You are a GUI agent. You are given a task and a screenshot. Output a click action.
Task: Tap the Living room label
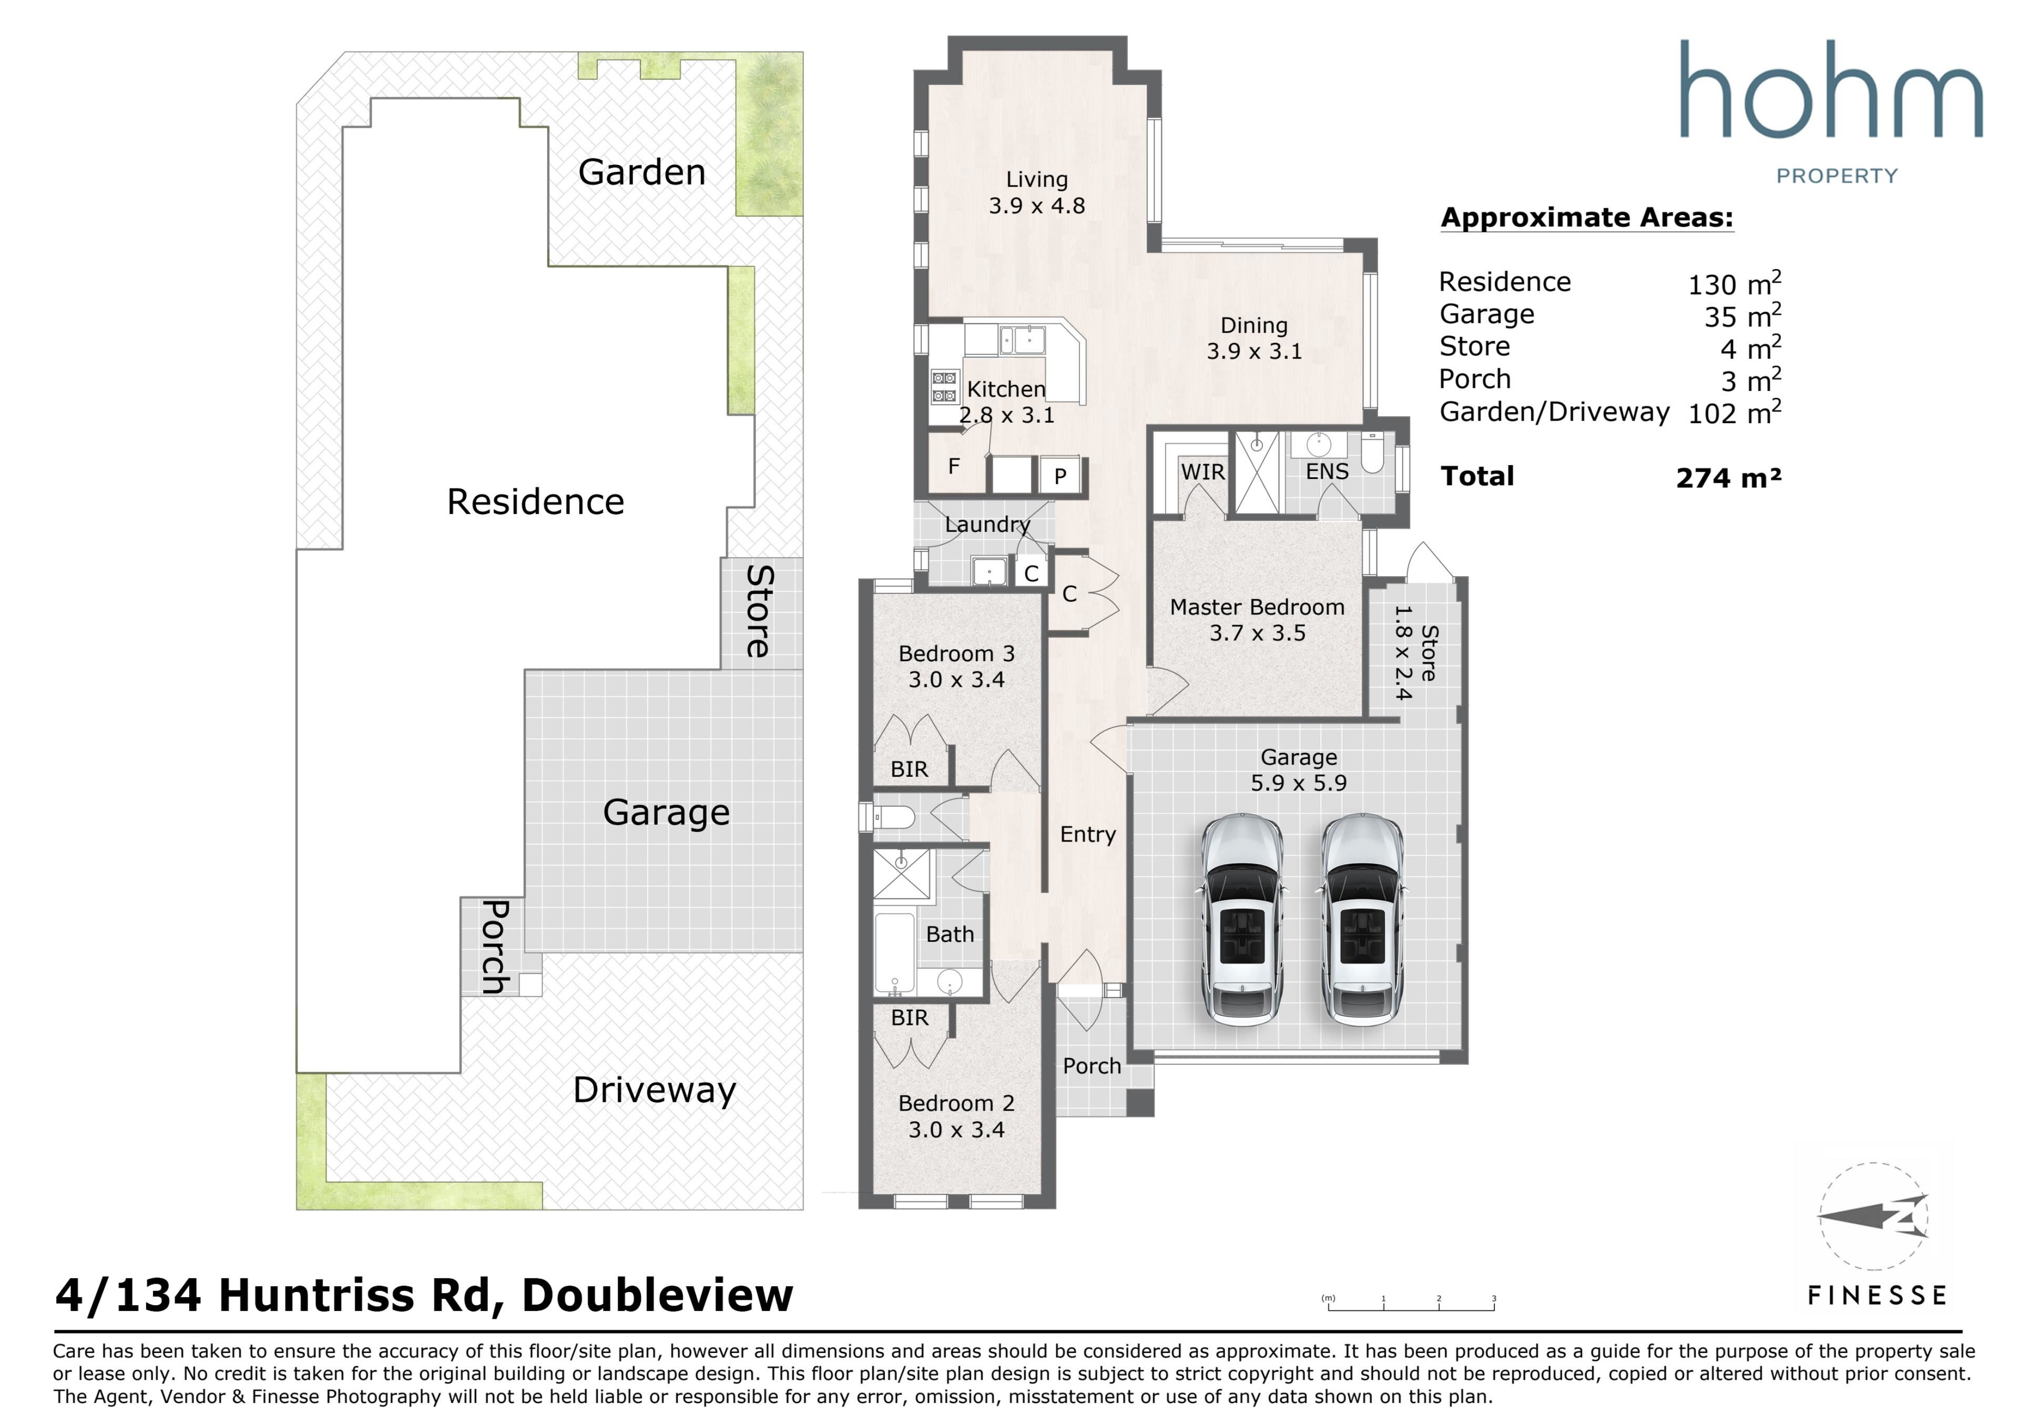point(1037,179)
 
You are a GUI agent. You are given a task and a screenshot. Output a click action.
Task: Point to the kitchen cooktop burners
point(944,387)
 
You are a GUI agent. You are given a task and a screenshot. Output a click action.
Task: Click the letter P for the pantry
point(1061,477)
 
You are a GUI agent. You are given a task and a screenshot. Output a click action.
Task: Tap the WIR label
point(1202,472)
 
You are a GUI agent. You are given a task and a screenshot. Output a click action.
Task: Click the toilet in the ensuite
point(1373,453)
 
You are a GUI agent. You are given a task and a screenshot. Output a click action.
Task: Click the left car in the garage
point(1242,920)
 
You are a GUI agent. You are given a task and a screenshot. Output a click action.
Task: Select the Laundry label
point(987,525)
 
